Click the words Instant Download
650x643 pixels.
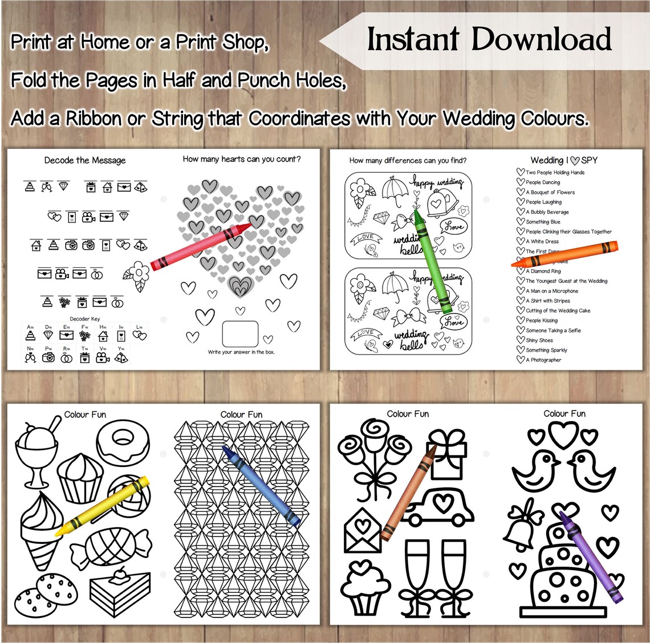pos(489,39)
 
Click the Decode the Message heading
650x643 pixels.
pos(85,160)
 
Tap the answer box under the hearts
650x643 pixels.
pos(239,334)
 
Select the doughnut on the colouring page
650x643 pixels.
pos(123,439)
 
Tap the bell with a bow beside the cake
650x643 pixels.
pos(521,526)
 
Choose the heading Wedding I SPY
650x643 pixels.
pos(563,160)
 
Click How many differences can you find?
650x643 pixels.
pos(408,160)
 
